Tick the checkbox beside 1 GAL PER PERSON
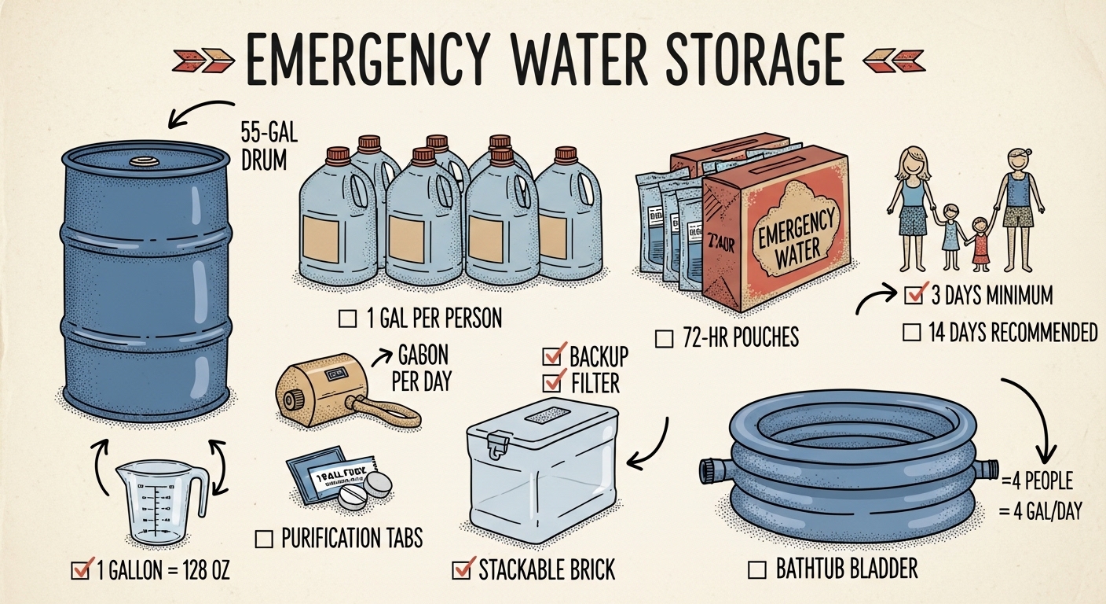tap(346, 319)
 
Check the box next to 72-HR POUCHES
tap(664, 339)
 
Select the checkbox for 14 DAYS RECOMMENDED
tap(911, 333)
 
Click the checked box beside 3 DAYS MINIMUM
tap(913, 296)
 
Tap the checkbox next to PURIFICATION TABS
tap(265, 539)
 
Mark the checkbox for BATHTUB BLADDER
tap(758, 569)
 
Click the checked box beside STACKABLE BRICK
tap(461, 569)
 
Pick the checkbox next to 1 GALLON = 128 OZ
tap(79, 570)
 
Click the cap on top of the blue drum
tap(145, 162)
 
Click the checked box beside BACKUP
tap(551, 357)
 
